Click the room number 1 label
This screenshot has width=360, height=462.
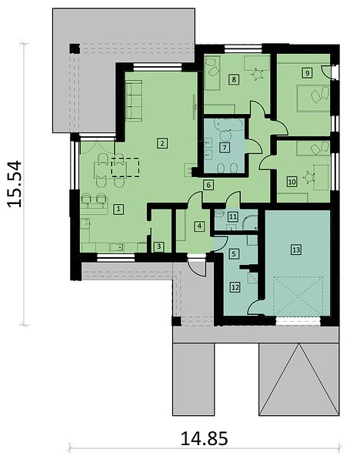pyautogui.click(x=118, y=209)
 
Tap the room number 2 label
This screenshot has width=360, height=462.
pyautogui.click(x=162, y=143)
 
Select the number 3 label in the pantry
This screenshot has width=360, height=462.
pyautogui.click(x=159, y=246)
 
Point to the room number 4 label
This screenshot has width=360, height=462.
pyautogui.click(x=199, y=226)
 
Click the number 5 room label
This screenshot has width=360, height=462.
pyautogui.click(x=234, y=253)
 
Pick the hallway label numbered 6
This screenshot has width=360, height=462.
pyautogui.click(x=208, y=186)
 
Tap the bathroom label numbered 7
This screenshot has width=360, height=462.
pyautogui.click(x=225, y=147)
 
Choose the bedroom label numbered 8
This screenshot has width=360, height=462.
pyautogui.click(x=234, y=79)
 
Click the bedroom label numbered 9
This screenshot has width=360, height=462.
pyautogui.click(x=307, y=73)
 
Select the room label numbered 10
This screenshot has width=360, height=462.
pyautogui.click(x=292, y=182)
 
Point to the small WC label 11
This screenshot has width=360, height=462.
pyautogui.click(x=233, y=217)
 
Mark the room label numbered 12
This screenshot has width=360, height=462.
pyautogui.click(x=235, y=287)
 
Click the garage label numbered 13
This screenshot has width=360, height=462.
pyautogui.click(x=296, y=250)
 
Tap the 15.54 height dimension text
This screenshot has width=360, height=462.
pyautogui.click(x=15, y=184)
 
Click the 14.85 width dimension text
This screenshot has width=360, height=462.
pyautogui.click(x=204, y=438)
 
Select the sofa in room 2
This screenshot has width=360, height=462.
pyautogui.click(x=134, y=100)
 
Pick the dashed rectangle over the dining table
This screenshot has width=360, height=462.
pyautogui.click(x=125, y=167)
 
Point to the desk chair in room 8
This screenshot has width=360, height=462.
pyautogui.click(x=258, y=74)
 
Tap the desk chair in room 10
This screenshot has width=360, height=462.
pyautogui.click(x=308, y=178)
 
